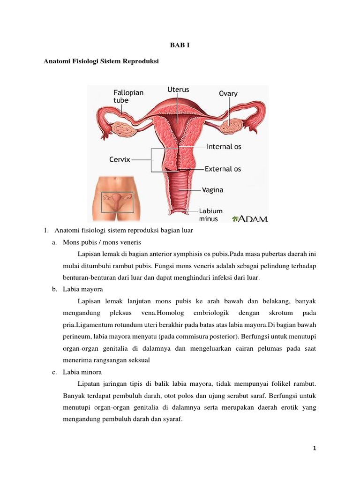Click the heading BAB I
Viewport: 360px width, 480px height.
tap(180, 45)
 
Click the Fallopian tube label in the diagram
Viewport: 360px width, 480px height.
tap(128, 97)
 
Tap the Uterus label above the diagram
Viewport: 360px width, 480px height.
tap(178, 89)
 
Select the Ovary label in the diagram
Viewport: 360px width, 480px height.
tap(228, 93)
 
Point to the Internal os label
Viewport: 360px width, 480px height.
tap(224, 147)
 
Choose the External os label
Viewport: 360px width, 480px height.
tap(223, 169)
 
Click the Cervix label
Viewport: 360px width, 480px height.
tap(120, 159)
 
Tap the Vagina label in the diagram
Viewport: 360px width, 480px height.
tap(212, 190)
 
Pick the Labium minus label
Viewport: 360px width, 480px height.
tap(211, 215)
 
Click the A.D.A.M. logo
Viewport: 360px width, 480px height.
tap(250, 218)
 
